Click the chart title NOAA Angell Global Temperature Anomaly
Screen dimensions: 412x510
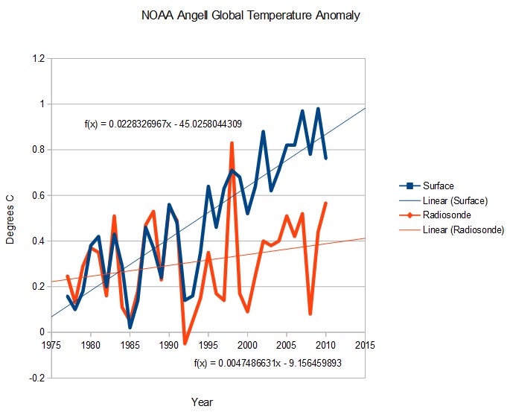(x=255, y=16)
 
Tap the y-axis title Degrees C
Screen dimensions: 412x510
(x=18, y=218)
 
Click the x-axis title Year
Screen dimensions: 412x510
(x=202, y=402)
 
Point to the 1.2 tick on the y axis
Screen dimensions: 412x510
(x=36, y=58)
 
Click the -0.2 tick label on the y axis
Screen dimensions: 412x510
(x=35, y=378)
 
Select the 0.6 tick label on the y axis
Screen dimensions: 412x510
(x=36, y=195)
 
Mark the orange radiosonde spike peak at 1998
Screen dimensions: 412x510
(x=232, y=142)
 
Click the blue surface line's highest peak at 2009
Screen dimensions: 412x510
(x=318, y=109)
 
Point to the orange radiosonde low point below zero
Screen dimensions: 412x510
(x=185, y=343)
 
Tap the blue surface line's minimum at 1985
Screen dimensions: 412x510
(x=130, y=327)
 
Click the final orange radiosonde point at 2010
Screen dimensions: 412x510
(x=326, y=203)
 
